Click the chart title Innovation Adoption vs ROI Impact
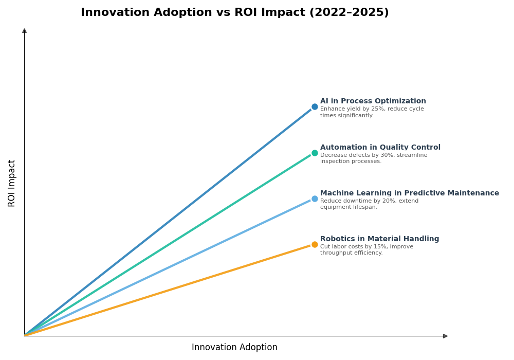[x=234, y=13]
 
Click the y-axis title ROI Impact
[x=12, y=183]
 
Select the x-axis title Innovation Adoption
[x=234, y=348]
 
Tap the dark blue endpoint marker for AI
[x=315, y=107]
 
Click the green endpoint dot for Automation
[x=315, y=153]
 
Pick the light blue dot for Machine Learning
[x=315, y=199]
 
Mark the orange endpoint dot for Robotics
[x=315, y=244]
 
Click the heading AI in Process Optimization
[x=373, y=101]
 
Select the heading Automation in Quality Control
[x=380, y=148]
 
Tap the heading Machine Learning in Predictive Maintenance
[x=409, y=193]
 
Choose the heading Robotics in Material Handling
[x=379, y=239]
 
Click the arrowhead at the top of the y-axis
[x=24, y=31]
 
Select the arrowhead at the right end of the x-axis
[x=445, y=336]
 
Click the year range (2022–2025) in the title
[x=348, y=13]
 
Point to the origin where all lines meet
[x=25, y=335]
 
